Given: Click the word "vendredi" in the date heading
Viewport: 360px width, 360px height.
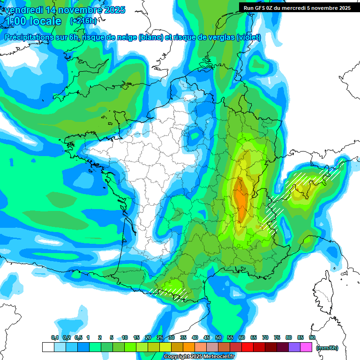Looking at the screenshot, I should coord(22,9).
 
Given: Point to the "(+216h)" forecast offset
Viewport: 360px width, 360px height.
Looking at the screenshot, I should coord(83,21).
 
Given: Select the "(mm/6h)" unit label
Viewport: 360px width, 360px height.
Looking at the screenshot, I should coord(327,347).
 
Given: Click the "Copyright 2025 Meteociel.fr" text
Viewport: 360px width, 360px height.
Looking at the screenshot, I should coord(199,357).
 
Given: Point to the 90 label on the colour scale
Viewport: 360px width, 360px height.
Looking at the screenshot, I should coord(312,337).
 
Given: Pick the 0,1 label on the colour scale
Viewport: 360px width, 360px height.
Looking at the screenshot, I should coord(54,337).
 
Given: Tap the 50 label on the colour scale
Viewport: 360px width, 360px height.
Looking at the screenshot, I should coord(218,337).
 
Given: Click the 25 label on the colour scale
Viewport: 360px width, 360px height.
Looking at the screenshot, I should coord(160,337).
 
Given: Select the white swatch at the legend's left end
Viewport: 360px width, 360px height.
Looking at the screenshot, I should coord(48,347).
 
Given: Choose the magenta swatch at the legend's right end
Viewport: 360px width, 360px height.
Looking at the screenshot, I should coord(306,347).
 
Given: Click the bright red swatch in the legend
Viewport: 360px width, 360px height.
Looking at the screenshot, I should coord(247,347).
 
